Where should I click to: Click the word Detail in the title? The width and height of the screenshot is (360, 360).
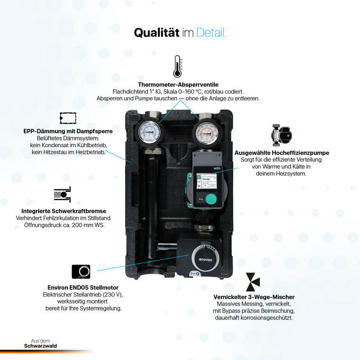(211, 32)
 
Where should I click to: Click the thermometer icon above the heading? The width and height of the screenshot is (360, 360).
(177, 66)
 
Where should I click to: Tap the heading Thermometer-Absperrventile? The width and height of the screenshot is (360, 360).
(178, 85)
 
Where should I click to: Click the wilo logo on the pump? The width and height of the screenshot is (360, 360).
(217, 168)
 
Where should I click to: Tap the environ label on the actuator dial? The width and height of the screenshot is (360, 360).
(206, 260)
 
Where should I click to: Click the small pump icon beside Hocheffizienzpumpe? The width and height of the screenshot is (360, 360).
(281, 135)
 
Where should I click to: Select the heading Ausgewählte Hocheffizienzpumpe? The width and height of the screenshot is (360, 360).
(282, 153)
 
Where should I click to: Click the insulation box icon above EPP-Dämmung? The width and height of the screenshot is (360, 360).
(68, 118)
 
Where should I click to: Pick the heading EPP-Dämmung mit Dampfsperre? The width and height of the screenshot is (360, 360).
(68, 131)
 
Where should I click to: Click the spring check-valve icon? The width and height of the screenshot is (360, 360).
(63, 194)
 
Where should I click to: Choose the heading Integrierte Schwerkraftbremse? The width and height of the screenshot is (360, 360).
(64, 211)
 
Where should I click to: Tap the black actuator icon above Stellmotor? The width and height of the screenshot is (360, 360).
(81, 272)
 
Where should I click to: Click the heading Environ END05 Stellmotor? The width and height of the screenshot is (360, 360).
(83, 288)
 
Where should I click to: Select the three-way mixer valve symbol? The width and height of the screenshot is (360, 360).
(252, 282)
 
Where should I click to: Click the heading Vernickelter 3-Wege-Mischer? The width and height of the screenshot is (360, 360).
(254, 297)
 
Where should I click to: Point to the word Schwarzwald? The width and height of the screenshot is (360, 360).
(40, 346)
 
